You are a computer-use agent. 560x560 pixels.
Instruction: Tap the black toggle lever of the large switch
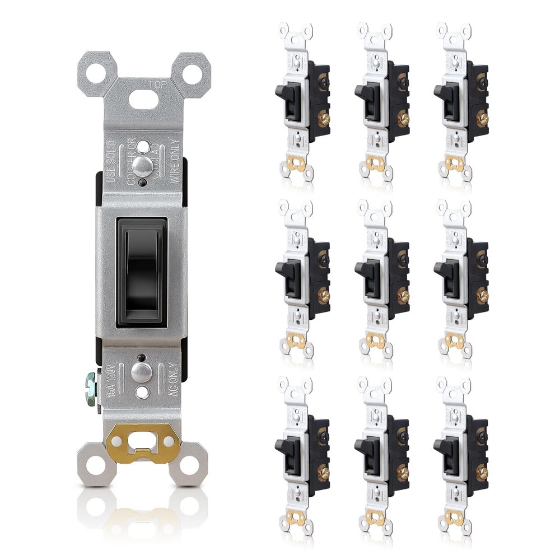pyautogui.click(x=141, y=272)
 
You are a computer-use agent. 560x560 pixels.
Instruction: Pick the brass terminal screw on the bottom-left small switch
pyautogui.click(x=323, y=473)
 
